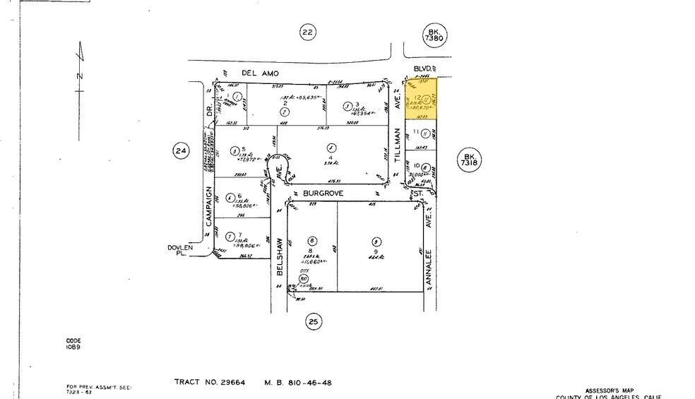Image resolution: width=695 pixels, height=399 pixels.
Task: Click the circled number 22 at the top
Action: click(307, 32)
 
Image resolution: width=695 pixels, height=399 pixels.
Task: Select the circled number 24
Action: click(181, 150)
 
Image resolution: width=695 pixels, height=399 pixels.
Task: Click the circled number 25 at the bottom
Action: click(314, 323)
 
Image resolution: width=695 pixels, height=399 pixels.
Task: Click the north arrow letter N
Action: click(80, 76)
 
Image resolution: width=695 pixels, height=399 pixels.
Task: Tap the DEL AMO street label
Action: click(261, 73)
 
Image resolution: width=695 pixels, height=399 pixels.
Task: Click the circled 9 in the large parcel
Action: click(375, 240)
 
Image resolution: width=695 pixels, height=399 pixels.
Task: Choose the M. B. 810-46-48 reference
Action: click(297, 383)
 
